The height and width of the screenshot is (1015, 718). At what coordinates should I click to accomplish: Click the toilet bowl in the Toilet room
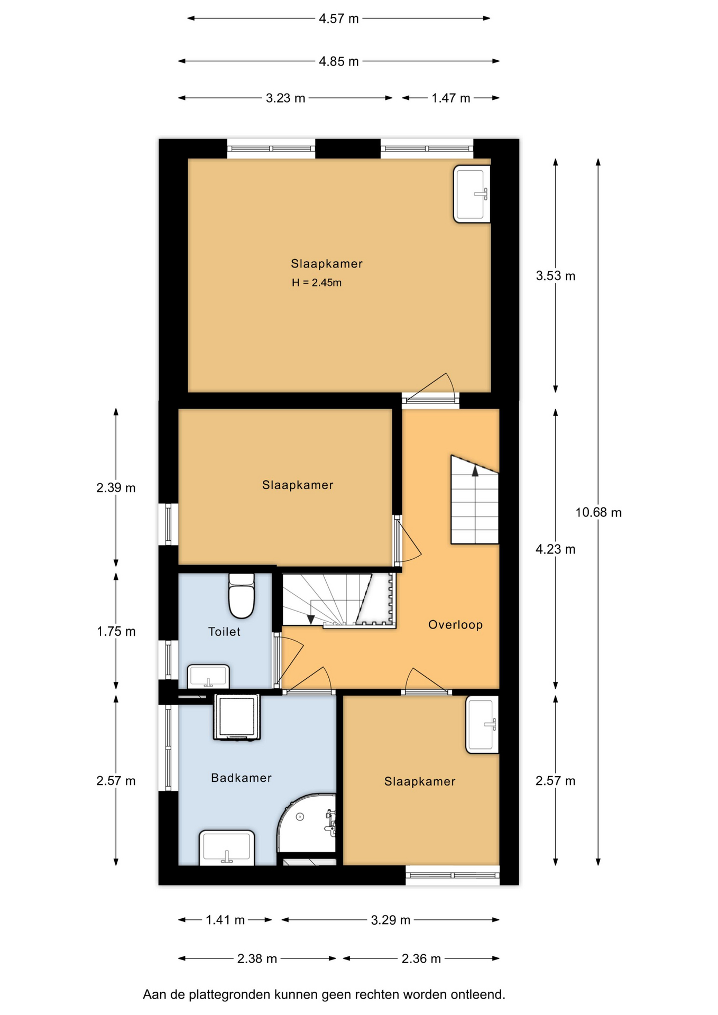coord(242,595)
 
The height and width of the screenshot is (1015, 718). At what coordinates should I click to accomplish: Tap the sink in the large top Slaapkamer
coord(472,194)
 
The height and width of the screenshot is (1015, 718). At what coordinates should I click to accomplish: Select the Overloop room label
coord(455,625)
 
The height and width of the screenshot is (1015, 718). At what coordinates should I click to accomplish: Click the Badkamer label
coord(241,778)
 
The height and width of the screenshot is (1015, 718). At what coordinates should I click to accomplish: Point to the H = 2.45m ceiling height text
coord(317,283)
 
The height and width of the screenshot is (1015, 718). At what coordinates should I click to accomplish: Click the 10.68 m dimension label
coord(599,512)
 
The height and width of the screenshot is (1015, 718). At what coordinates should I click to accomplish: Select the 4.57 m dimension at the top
coord(338,19)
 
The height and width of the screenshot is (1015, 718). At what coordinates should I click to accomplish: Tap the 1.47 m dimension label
coord(450,98)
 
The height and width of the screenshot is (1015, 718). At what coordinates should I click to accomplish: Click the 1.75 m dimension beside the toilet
coord(116,631)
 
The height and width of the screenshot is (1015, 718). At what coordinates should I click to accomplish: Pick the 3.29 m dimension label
coord(390,920)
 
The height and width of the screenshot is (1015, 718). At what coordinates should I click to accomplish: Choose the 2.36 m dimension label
coord(421,958)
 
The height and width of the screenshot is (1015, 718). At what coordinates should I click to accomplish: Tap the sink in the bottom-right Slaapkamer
coord(482,725)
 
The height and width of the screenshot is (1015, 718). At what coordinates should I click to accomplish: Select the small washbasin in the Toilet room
coord(208,676)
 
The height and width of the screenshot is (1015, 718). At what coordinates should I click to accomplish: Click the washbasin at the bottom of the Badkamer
coord(227,847)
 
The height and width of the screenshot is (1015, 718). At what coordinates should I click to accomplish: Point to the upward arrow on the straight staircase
coord(475,470)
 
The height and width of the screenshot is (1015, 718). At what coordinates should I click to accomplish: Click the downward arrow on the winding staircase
coord(311,619)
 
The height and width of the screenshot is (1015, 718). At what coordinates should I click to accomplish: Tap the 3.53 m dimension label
coord(555,275)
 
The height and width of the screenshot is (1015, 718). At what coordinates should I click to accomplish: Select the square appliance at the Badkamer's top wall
coord(237,717)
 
